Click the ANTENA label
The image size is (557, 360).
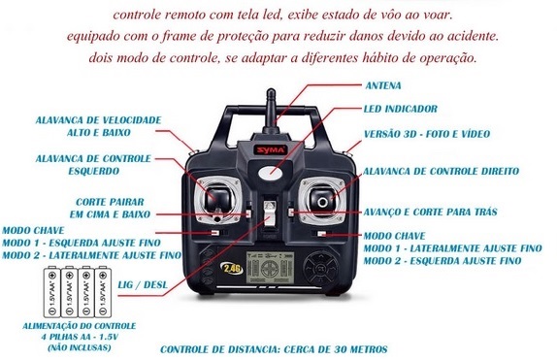[383, 85]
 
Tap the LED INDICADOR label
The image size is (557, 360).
[401, 109]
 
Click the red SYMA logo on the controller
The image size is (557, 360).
[271, 150]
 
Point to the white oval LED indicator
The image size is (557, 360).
[271, 173]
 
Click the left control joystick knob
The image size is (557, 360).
[217, 198]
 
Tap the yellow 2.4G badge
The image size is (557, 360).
[232, 269]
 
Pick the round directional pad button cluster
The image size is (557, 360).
[321, 268]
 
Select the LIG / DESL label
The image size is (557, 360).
[143, 284]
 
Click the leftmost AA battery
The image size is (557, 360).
[51, 291]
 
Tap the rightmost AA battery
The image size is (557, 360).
[103, 291]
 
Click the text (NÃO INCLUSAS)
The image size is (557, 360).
[80, 348]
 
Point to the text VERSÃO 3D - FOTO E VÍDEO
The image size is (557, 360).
[427, 134]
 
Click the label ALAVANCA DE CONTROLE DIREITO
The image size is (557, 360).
[441, 172]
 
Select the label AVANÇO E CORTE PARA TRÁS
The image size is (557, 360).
[430, 213]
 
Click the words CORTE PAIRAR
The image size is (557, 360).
[110, 202]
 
